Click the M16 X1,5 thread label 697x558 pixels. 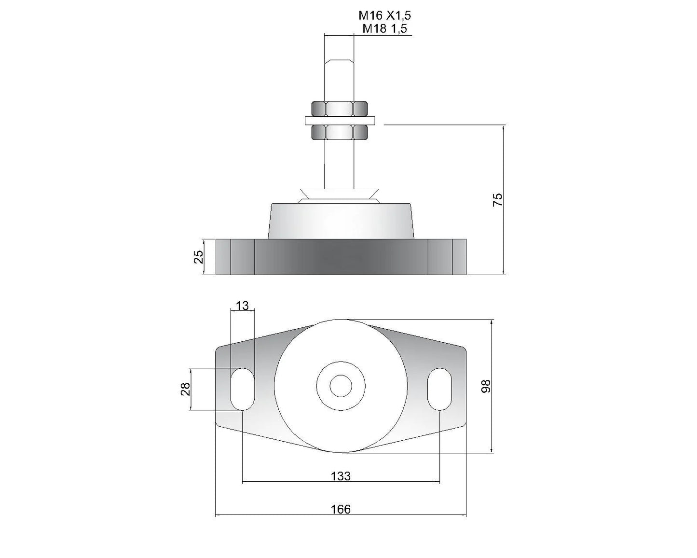(384, 15)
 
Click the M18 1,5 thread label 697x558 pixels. (384, 28)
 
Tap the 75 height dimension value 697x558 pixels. (498, 199)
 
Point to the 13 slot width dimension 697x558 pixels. (242, 306)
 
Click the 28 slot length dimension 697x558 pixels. (185, 389)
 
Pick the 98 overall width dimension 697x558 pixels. (486, 386)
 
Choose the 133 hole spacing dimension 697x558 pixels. (341, 476)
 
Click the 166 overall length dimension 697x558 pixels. (341, 509)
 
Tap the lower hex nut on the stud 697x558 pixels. (340, 132)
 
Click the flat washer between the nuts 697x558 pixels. (340, 120)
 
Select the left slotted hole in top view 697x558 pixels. (242, 389)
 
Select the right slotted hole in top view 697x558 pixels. (439, 389)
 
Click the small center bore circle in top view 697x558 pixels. (341, 386)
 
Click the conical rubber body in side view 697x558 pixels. (341, 221)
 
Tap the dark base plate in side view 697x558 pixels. (341, 257)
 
